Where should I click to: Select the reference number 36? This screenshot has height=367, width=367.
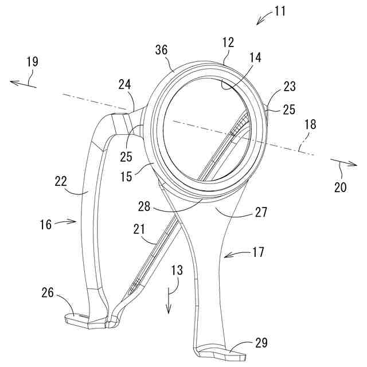[x=161, y=50]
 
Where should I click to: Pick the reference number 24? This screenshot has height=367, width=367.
[x=124, y=85]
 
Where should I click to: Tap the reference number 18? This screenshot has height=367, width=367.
[x=310, y=123]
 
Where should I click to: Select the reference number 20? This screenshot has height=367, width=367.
[x=340, y=188]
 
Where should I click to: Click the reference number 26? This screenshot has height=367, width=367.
[x=48, y=293]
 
